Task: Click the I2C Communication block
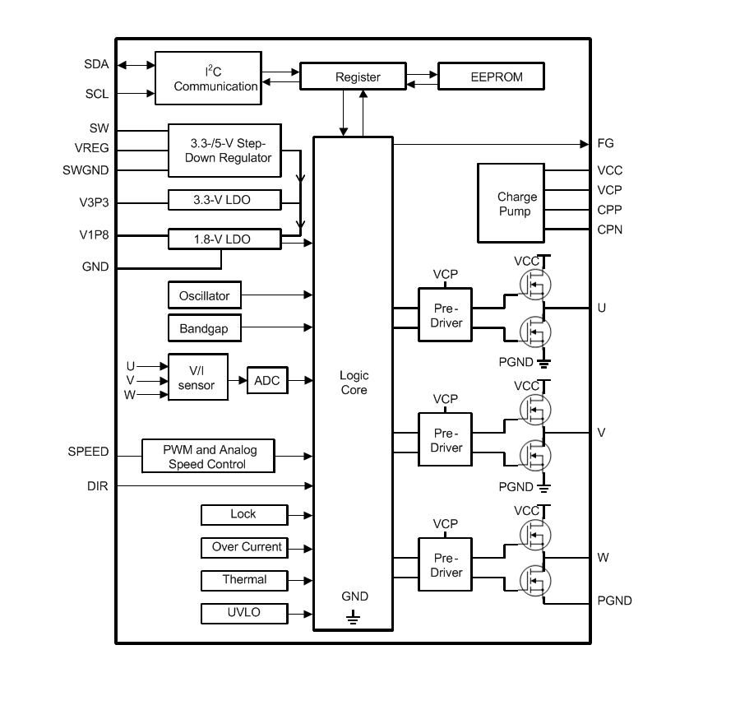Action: coord(208,79)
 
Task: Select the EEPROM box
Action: coord(491,77)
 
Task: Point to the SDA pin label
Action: coord(96,64)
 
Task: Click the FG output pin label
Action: coord(606,144)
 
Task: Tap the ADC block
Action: coord(267,381)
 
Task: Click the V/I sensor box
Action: coord(198,378)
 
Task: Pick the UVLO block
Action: coord(244,613)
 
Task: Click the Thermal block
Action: coord(244,580)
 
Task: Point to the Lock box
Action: coord(244,514)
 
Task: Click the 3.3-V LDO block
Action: coord(224,199)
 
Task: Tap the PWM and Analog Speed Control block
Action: coord(208,457)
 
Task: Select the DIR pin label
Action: coord(98,486)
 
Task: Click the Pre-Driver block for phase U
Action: coord(445,315)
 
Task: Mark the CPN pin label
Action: coord(610,230)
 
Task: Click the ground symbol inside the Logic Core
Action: coord(354,615)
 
